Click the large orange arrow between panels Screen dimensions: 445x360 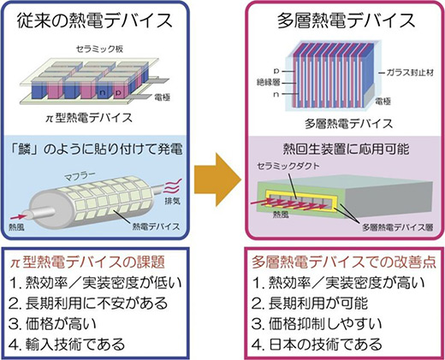tap(217, 180)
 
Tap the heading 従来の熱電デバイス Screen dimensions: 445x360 tap(95, 21)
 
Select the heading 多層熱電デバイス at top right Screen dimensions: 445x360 tap(346, 21)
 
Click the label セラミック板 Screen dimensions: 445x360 tap(99, 49)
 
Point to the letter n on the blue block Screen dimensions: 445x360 tap(102, 92)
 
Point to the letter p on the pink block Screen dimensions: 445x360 tap(118, 92)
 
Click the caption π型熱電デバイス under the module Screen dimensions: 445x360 tap(89, 117)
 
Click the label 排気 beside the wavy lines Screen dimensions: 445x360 tap(173, 201)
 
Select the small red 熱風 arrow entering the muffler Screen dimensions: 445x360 tap(19, 216)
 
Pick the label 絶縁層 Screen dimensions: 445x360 tap(269, 83)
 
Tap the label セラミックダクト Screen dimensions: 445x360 tap(288, 166)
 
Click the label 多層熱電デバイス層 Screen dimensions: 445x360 tap(398, 227)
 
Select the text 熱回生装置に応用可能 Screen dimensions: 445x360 tap(346, 149)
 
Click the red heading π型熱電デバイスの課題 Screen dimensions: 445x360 tap(87, 262)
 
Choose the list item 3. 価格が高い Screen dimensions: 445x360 tap(52, 324)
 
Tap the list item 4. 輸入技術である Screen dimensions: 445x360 tap(67, 345)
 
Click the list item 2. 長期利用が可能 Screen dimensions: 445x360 tap(310, 304)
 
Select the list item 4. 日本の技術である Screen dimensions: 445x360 tap(317, 345)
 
